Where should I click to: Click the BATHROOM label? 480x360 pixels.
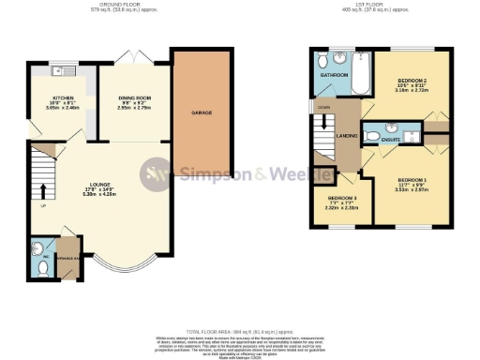[x=334, y=75]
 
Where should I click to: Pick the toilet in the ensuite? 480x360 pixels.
[x=372, y=136]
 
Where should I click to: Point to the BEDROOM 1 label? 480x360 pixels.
[x=412, y=179]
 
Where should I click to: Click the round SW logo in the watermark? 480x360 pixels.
[x=155, y=173]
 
